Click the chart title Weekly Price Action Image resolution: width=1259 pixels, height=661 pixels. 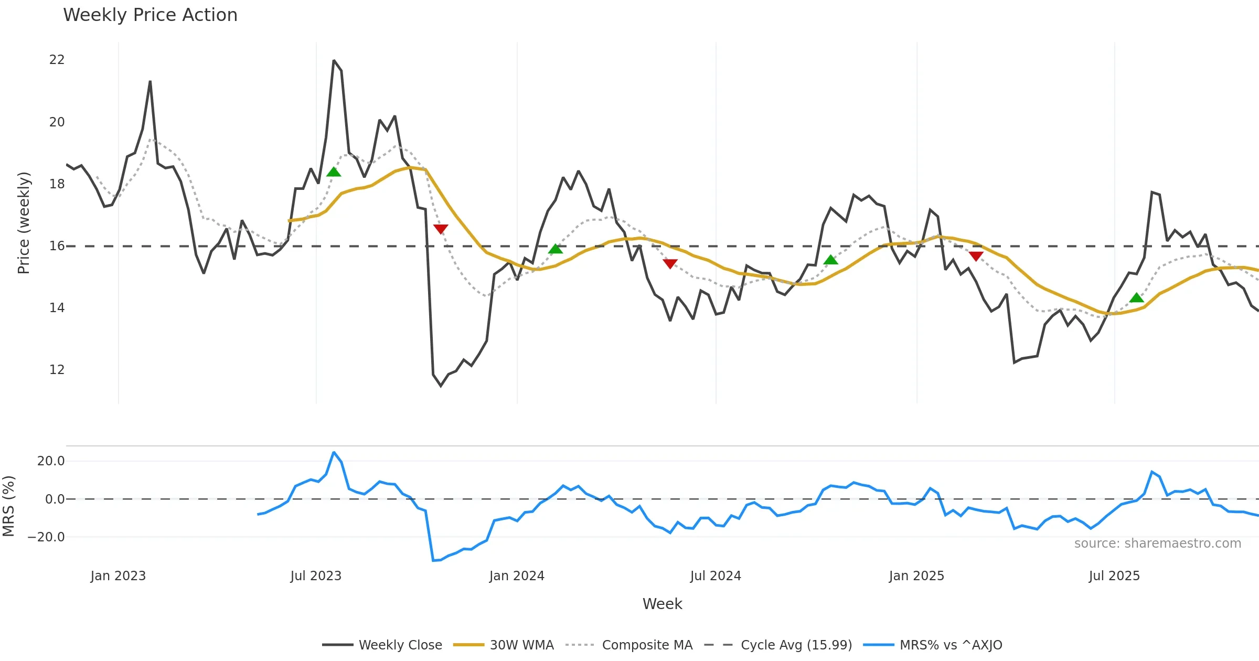point(150,15)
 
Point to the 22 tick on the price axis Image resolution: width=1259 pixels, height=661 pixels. point(57,60)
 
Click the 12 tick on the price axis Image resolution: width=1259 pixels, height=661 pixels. point(57,370)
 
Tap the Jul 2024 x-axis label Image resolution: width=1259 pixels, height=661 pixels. point(716,576)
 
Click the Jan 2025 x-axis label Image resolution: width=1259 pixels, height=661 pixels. point(916,576)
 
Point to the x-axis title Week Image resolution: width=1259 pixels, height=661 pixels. point(662,604)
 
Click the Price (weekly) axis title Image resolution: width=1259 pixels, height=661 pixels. point(24,223)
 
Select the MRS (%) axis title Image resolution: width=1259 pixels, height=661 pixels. point(8,506)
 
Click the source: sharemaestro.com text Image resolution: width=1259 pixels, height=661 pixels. point(1157,543)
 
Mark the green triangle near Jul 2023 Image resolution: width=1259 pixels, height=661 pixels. point(334,172)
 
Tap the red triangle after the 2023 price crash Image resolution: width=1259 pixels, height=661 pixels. point(441,229)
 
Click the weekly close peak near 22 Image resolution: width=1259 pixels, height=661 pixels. point(334,61)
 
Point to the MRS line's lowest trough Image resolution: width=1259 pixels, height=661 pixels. point(434,561)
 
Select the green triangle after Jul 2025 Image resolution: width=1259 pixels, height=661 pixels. point(1136,298)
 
